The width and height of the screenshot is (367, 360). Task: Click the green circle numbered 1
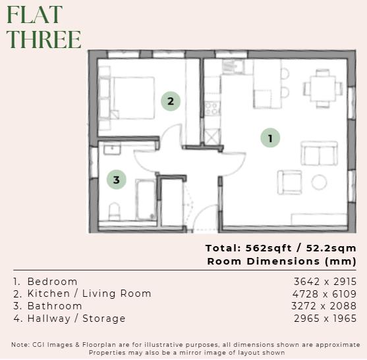tap(270, 138)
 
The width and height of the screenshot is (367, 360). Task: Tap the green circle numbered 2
tap(171, 101)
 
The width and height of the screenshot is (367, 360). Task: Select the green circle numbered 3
tap(117, 179)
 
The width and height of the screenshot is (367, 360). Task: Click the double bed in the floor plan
tap(128, 97)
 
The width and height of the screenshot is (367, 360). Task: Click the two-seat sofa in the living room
tap(319, 153)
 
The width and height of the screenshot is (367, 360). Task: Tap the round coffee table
tap(320, 182)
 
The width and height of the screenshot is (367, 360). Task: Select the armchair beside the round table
tap(289, 182)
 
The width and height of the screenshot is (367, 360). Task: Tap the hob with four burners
tap(212, 107)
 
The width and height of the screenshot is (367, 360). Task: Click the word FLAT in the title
tap(35, 14)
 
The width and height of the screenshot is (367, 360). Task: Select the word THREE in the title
tap(44, 39)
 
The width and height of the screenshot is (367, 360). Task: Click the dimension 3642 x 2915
tap(325, 281)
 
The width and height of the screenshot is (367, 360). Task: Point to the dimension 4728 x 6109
tap(325, 294)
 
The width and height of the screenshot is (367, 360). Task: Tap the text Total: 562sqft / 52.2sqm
tap(281, 248)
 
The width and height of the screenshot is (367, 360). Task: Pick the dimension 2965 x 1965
tap(325, 319)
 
